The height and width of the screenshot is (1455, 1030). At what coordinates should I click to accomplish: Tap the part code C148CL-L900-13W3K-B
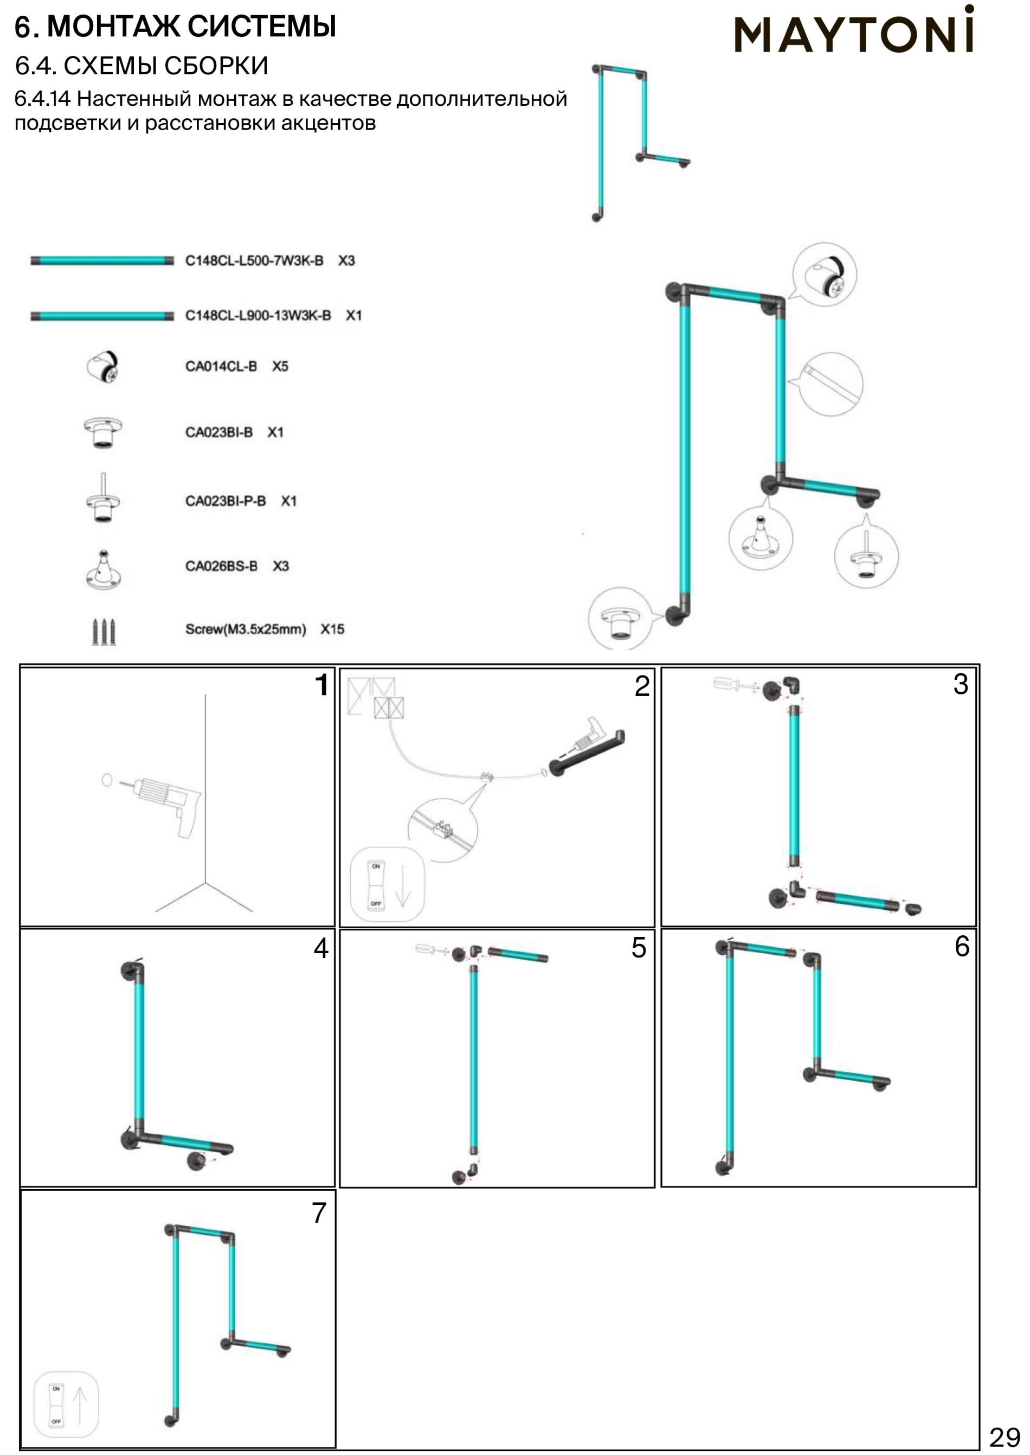point(257,315)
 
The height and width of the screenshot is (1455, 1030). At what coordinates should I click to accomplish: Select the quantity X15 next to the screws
point(332,629)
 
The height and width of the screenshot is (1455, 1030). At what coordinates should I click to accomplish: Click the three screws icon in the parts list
point(104,631)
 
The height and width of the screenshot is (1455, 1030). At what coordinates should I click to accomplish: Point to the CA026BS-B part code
point(221,566)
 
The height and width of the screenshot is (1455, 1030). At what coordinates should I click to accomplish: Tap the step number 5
point(639,947)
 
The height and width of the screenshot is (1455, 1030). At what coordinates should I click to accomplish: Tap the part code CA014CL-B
point(221,366)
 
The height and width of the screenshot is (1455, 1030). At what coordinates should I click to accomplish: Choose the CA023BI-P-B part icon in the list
point(104,498)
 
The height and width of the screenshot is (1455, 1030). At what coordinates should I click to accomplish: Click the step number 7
point(319,1212)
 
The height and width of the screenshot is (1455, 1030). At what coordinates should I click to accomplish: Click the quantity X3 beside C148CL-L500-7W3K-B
point(346,261)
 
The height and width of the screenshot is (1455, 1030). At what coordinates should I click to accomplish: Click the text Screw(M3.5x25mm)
point(246,629)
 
